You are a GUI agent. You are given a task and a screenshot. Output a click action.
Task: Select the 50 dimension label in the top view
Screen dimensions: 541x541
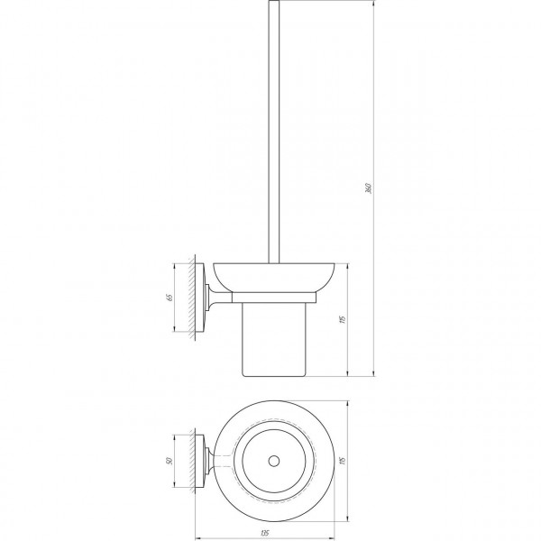coord(170,462)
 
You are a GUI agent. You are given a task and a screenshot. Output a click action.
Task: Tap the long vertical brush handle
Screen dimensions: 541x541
coord(272,135)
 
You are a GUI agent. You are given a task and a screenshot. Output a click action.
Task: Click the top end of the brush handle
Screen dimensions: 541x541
coord(272,4)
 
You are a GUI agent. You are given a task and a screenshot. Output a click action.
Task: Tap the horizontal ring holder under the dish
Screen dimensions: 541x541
coord(275,296)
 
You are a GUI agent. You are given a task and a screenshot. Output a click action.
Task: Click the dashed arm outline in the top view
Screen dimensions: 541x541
coord(225,462)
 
